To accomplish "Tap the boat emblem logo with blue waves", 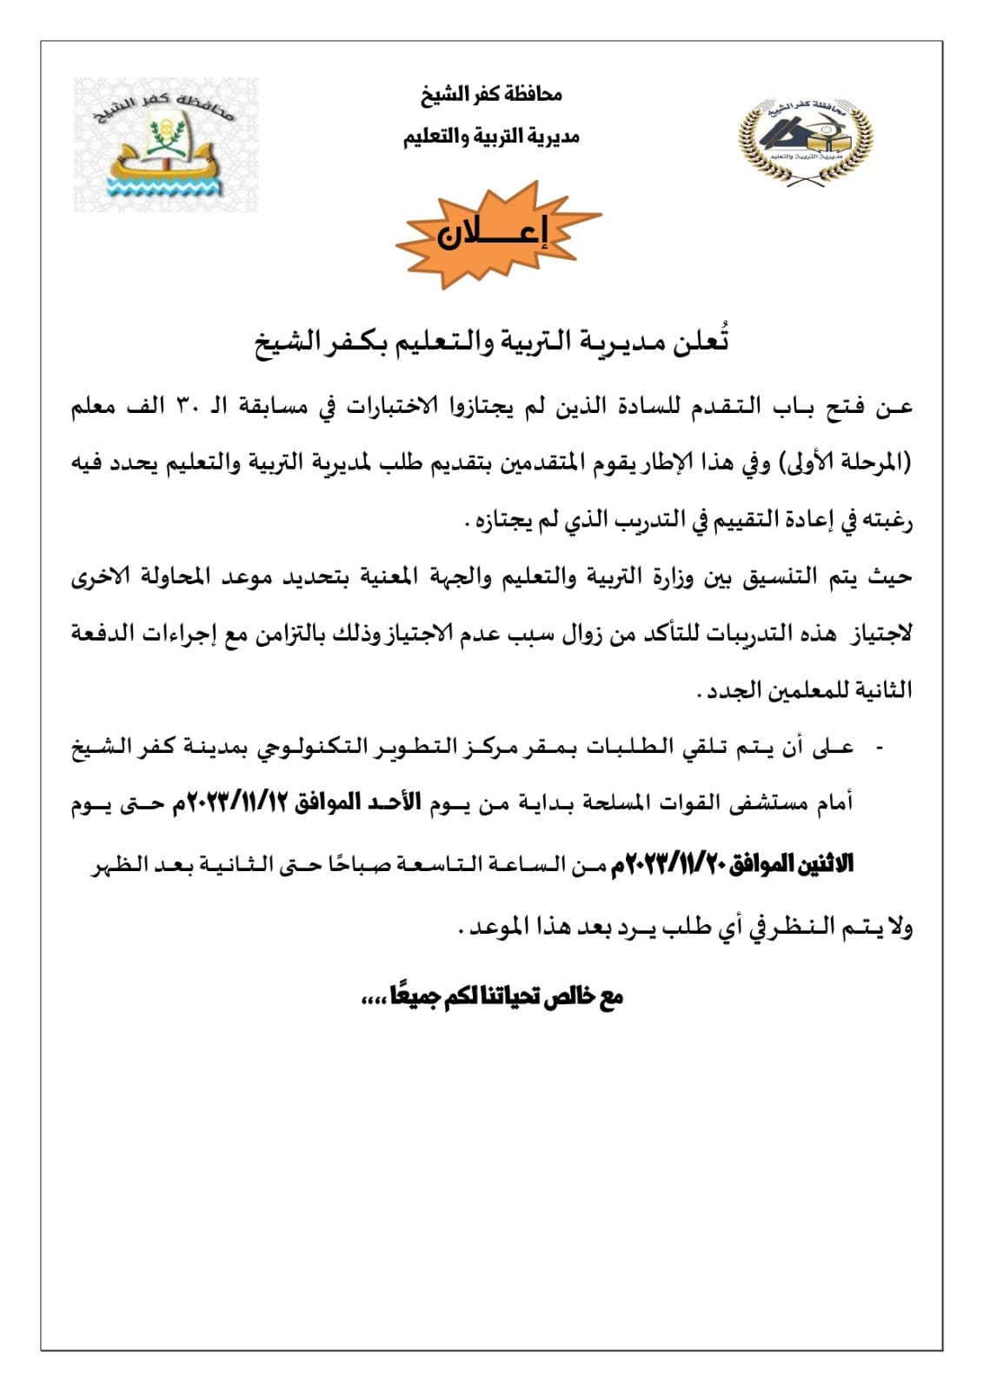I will point(166,144).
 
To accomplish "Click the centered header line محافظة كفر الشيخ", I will point(491,94).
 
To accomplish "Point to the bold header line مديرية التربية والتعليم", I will point(491,136).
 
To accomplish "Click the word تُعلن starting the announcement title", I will point(706,342).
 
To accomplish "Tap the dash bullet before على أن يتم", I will point(880,747).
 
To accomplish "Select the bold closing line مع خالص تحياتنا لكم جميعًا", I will point(493,997).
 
